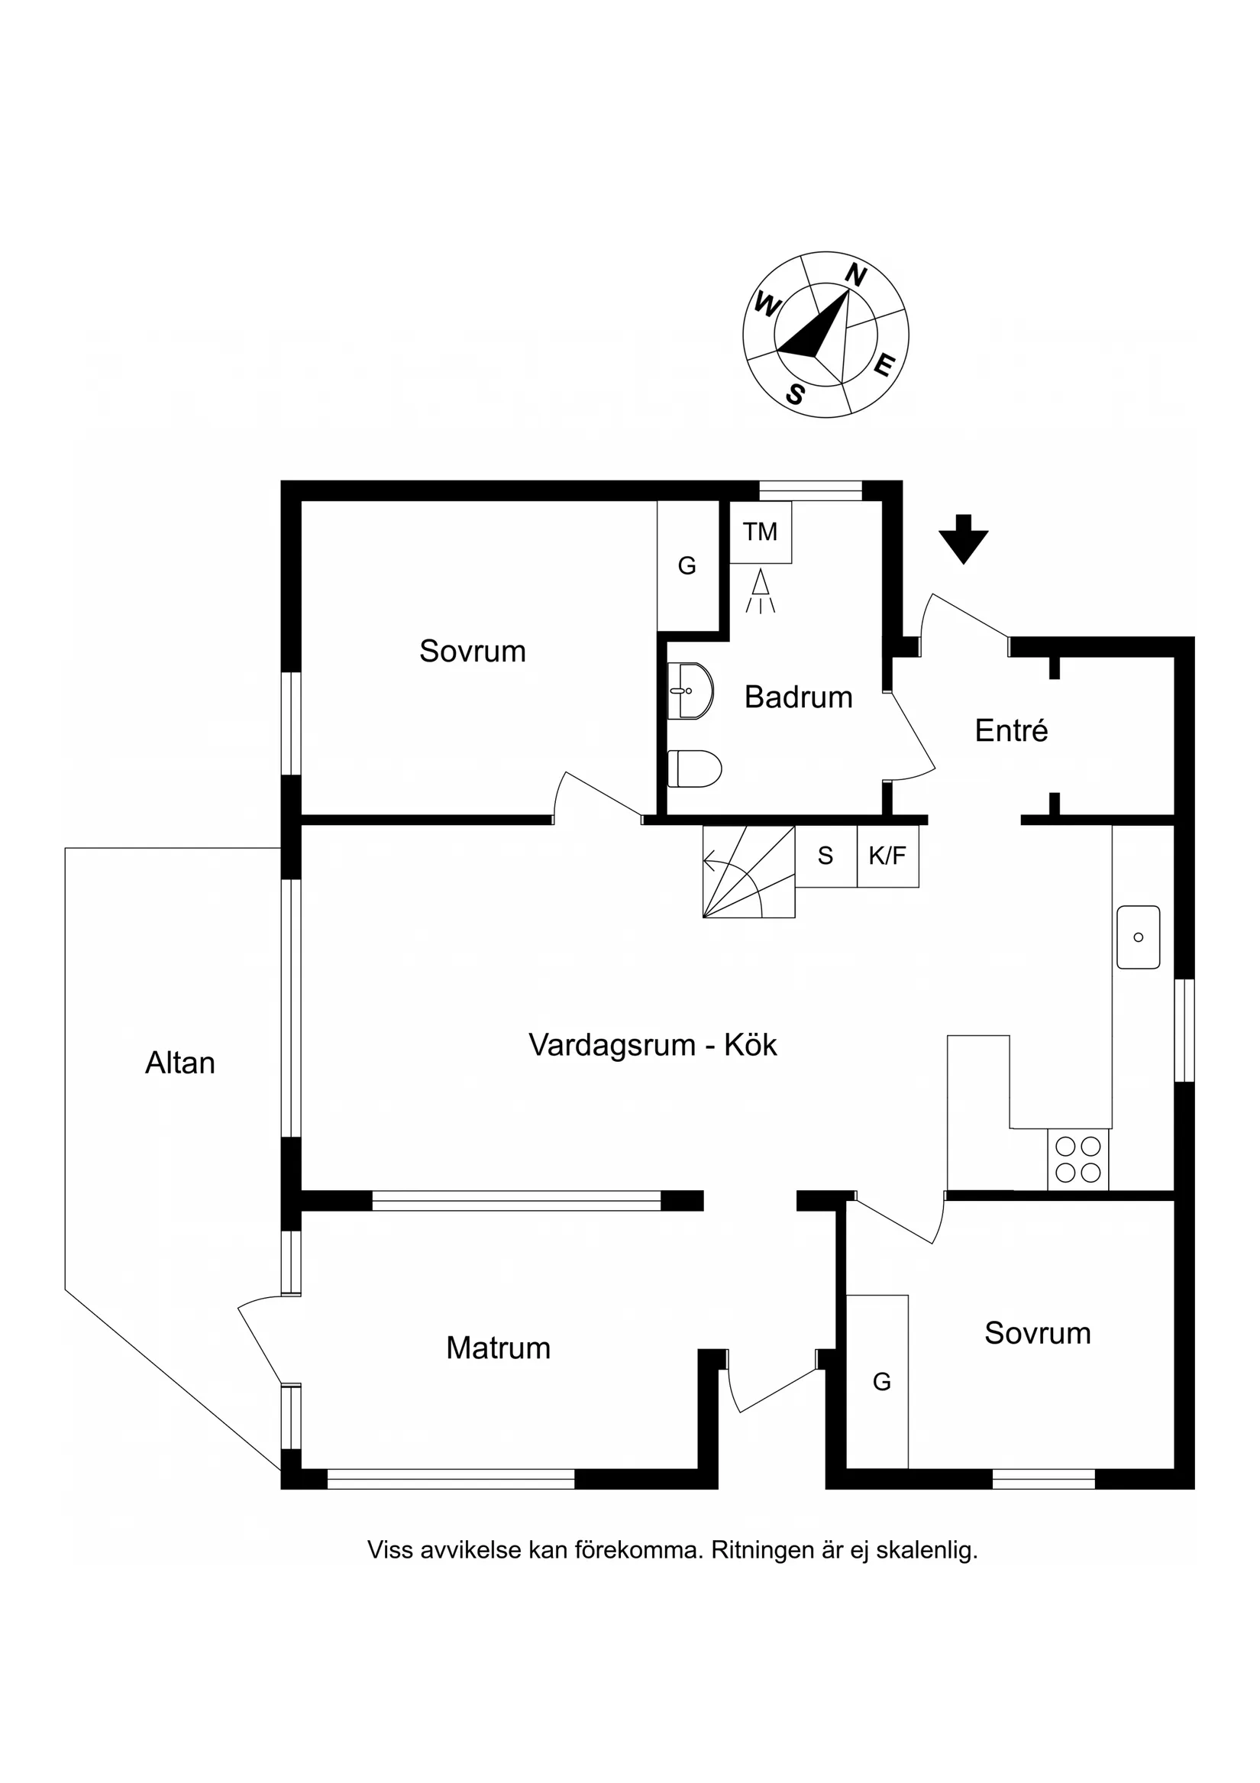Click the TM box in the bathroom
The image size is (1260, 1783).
pyautogui.click(x=759, y=532)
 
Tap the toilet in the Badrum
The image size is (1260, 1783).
pyautogui.click(x=694, y=768)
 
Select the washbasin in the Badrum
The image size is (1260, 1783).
pyautogui.click(x=690, y=691)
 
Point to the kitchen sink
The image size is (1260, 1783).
pyautogui.click(x=1137, y=937)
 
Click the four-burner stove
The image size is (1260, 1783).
pyautogui.click(x=1077, y=1160)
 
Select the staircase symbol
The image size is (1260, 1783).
pyautogui.click(x=748, y=872)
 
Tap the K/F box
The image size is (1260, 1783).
pyautogui.click(x=887, y=856)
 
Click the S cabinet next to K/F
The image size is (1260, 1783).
pyautogui.click(x=825, y=856)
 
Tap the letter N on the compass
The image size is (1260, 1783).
pyautogui.click(x=855, y=276)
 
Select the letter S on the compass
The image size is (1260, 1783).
pyautogui.click(x=795, y=395)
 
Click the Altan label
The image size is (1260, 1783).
pyautogui.click(x=180, y=1063)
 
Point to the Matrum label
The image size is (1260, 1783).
pyautogui.click(x=498, y=1348)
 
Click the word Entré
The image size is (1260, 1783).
pyautogui.click(x=1011, y=731)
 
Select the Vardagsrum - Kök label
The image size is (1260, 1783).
pyautogui.click(x=652, y=1045)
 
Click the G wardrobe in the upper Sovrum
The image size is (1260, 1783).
pyautogui.click(x=687, y=566)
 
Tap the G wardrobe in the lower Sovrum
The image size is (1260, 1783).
pyautogui.click(x=881, y=1381)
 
